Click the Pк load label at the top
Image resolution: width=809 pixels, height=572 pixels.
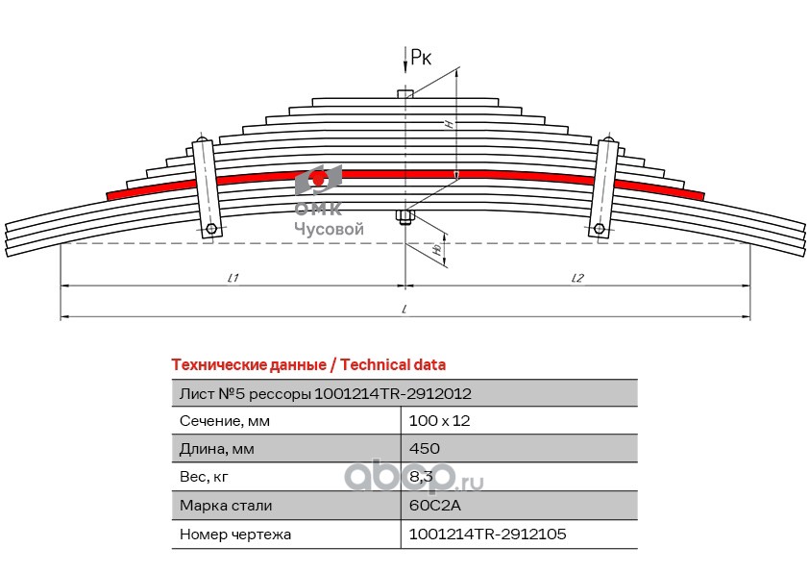coord(421,57)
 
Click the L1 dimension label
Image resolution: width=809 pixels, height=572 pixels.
coord(233,278)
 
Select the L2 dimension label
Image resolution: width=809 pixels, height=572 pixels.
coord(577,278)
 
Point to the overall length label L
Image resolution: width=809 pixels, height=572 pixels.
coord(405,310)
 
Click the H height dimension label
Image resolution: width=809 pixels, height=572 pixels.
coord(450,123)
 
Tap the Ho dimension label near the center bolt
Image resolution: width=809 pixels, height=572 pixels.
coord(437,250)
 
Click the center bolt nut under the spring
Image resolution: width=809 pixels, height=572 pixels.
coord(405,217)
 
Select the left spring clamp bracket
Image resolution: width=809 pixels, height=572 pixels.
coord(207,188)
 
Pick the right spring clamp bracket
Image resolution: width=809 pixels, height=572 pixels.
coord(603,188)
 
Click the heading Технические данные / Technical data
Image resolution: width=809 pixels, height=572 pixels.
coord(308,365)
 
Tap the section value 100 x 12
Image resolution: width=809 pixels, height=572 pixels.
coord(440,421)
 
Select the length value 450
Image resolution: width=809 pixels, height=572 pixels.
coord(424,448)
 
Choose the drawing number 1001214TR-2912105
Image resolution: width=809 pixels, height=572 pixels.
coord(487,534)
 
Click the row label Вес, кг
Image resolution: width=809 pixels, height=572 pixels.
coord(204,477)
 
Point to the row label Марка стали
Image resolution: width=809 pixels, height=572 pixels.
coord(226,506)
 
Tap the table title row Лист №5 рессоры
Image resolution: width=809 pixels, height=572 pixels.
coord(325,394)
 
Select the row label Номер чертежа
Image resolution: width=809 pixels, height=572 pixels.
coord(235,535)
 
